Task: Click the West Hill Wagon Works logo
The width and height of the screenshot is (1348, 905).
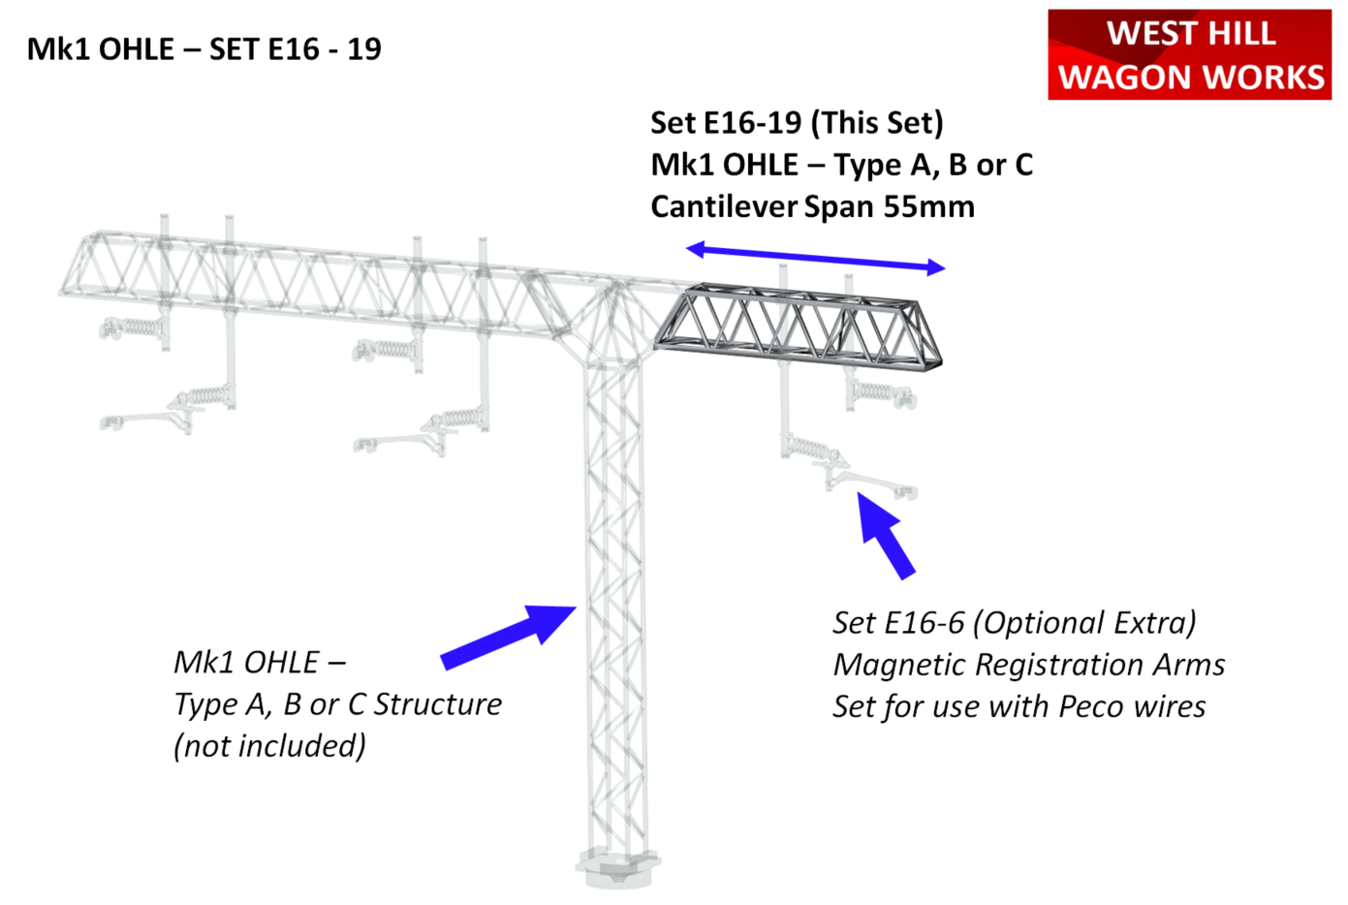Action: pyautogui.click(x=1189, y=54)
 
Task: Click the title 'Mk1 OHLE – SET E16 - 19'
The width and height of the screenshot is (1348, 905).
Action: pyautogui.click(x=204, y=48)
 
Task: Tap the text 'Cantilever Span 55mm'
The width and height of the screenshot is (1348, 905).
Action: pyautogui.click(x=812, y=206)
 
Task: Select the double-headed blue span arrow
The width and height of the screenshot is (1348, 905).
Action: pyautogui.click(x=815, y=258)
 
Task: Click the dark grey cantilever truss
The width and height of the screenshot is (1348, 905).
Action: pyautogui.click(x=799, y=327)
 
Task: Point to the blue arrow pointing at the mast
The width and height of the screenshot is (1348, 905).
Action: pyautogui.click(x=509, y=637)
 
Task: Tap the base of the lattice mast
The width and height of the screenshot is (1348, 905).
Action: pyautogui.click(x=617, y=867)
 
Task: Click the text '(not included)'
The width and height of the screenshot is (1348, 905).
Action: pyautogui.click(x=269, y=745)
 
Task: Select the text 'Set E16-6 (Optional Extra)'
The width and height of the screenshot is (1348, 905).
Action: pyautogui.click(x=1014, y=622)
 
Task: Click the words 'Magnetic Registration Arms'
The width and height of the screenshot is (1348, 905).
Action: pyautogui.click(x=1028, y=665)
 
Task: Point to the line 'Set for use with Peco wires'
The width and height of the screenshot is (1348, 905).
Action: pyautogui.click(x=1019, y=706)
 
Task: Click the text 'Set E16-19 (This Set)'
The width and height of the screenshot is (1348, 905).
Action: pyautogui.click(x=797, y=123)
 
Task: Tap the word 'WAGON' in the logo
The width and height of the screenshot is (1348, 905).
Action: pyautogui.click(x=1125, y=77)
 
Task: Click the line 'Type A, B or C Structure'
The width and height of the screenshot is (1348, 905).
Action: pyautogui.click(x=337, y=704)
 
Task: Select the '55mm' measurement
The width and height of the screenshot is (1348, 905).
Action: pyautogui.click(x=928, y=206)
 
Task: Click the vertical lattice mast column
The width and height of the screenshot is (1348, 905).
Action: pyautogui.click(x=615, y=602)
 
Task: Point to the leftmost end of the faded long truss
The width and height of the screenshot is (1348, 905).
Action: pyautogui.click(x=61, y=293)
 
